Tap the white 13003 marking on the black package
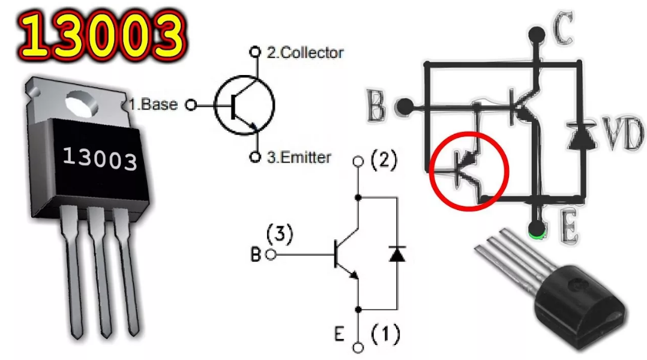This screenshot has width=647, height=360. (x=100, y=158)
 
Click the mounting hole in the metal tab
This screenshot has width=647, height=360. (x=82, y=103)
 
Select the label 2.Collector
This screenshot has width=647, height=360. (x=305, y=52)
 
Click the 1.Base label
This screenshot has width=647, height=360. (x=153, y=104)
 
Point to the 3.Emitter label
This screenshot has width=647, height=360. (x=299, y=157)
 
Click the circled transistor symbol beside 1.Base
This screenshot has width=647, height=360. (x=244, y=105)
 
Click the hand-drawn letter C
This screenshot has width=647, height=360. (x=563, y=29)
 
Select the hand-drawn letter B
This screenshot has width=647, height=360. (x=376, y=106)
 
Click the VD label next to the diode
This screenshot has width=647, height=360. (x=623, y=133)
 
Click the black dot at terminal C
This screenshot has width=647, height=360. (x=537, y=35)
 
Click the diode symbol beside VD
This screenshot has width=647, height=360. (x=580, y=135)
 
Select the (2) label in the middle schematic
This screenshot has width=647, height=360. (x=384, y=160)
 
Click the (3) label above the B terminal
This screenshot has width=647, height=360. (x=280, y=234)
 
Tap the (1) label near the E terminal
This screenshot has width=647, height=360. (x=385, y=334)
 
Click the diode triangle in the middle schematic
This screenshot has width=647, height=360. (x=397, y=254)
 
